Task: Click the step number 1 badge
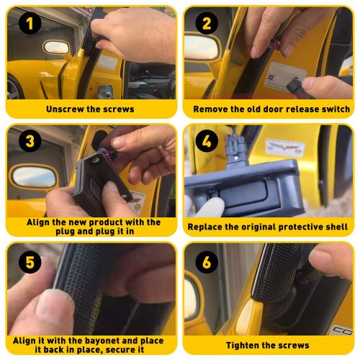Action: [30, 23]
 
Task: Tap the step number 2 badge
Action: [207, 23]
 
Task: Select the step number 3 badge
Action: [30, 140]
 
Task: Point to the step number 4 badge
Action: [207, 140]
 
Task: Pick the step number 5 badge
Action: [30, 261]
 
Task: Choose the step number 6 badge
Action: [207, 261]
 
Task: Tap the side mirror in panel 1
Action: [56, 47]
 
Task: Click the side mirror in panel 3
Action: [34, 177]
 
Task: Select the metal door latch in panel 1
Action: [106, 91]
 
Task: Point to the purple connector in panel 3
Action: [107, 155]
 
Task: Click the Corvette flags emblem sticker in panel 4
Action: [284, 147]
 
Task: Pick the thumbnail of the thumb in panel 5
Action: [55, 307]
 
